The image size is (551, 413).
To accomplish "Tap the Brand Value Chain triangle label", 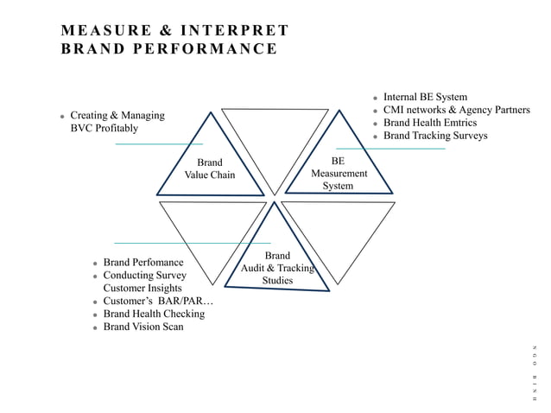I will tap(209, 168).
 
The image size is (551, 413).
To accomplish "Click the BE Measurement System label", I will tap(339, 173).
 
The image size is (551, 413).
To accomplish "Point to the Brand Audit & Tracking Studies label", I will tap(277, 268).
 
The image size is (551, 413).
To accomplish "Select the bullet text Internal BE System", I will tap(425, 98).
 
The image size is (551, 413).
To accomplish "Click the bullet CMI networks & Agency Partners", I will tap(456, 110).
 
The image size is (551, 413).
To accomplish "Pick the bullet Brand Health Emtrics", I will tap(429, 123).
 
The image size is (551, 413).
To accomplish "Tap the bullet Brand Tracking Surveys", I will tap(435, 136).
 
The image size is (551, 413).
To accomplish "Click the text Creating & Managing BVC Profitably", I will tap(117, 122).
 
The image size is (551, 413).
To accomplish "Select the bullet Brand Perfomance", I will tap(143, 262).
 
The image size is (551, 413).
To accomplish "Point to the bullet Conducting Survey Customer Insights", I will tap(144, 282).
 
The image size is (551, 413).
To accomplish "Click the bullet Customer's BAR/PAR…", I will tap(157, 301).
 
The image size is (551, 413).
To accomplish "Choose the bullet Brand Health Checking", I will tap(154, 314).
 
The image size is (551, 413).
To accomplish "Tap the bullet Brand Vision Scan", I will tap(143, 327).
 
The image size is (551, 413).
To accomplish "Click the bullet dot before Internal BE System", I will tap(375, 98).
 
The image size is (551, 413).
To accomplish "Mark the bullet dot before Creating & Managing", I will tap(62, 116).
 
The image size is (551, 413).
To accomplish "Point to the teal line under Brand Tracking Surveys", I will tap(390, 149).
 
